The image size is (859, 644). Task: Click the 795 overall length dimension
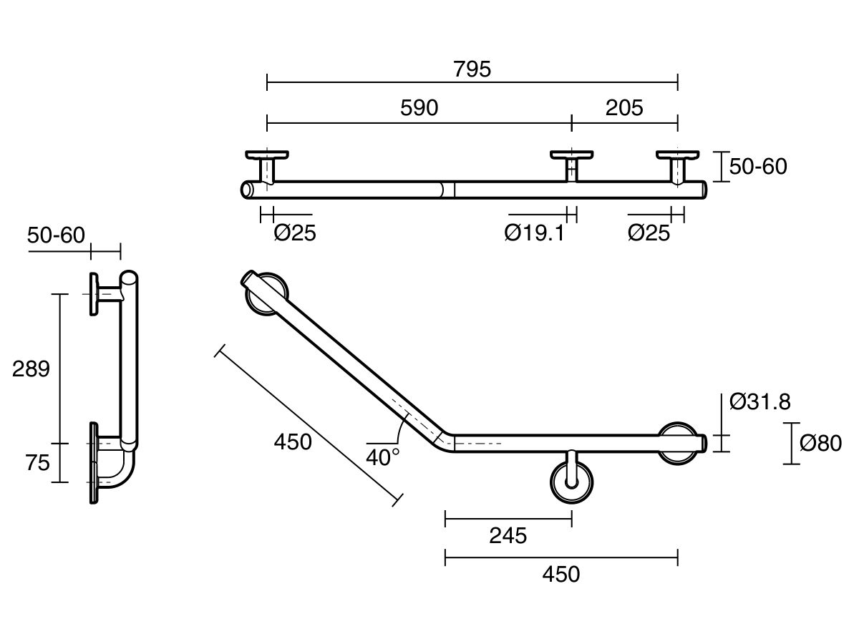coord(472,69)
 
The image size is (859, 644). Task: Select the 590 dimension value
coord(419,108)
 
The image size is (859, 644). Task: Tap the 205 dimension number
coord(624,108)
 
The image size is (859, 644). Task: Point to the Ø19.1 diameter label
coord(534,233)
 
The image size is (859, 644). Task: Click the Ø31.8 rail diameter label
coord(760,402)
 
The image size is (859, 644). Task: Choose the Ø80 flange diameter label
coord(820,444)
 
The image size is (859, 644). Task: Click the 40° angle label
coord(383,457)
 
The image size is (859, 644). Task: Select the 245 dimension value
coord(508,535)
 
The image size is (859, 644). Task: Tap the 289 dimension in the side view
coord(31,369)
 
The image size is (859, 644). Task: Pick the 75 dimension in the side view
coord(37,463)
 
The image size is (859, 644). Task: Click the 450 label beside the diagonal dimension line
coord(293,442)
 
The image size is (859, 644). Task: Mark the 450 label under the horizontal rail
coord(560,574)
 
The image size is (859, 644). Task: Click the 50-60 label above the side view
coord(57,235)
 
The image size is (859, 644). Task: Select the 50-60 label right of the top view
coord(758,167)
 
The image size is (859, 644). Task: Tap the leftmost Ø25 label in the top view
coord(295,233)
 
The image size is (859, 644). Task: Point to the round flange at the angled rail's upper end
coord(266,293)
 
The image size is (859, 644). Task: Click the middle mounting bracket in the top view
coord(571,164)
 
